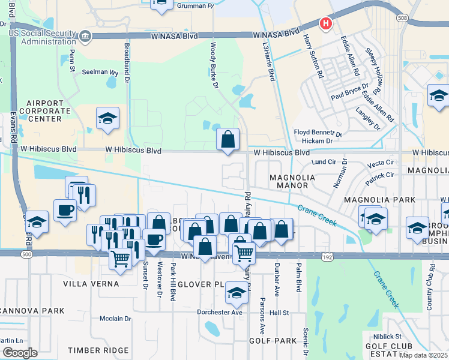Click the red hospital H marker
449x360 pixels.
point(325,23)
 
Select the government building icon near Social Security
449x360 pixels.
point(85,37)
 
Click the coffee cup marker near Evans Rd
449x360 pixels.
point(65,211)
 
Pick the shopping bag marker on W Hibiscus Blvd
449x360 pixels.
point(228,140)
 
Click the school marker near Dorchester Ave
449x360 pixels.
point(237,293)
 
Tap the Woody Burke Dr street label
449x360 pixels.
point(213,65)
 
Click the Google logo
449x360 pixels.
point(19,353)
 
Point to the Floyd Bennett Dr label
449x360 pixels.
point(318,133)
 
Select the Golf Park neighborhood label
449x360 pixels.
point(273,341)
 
